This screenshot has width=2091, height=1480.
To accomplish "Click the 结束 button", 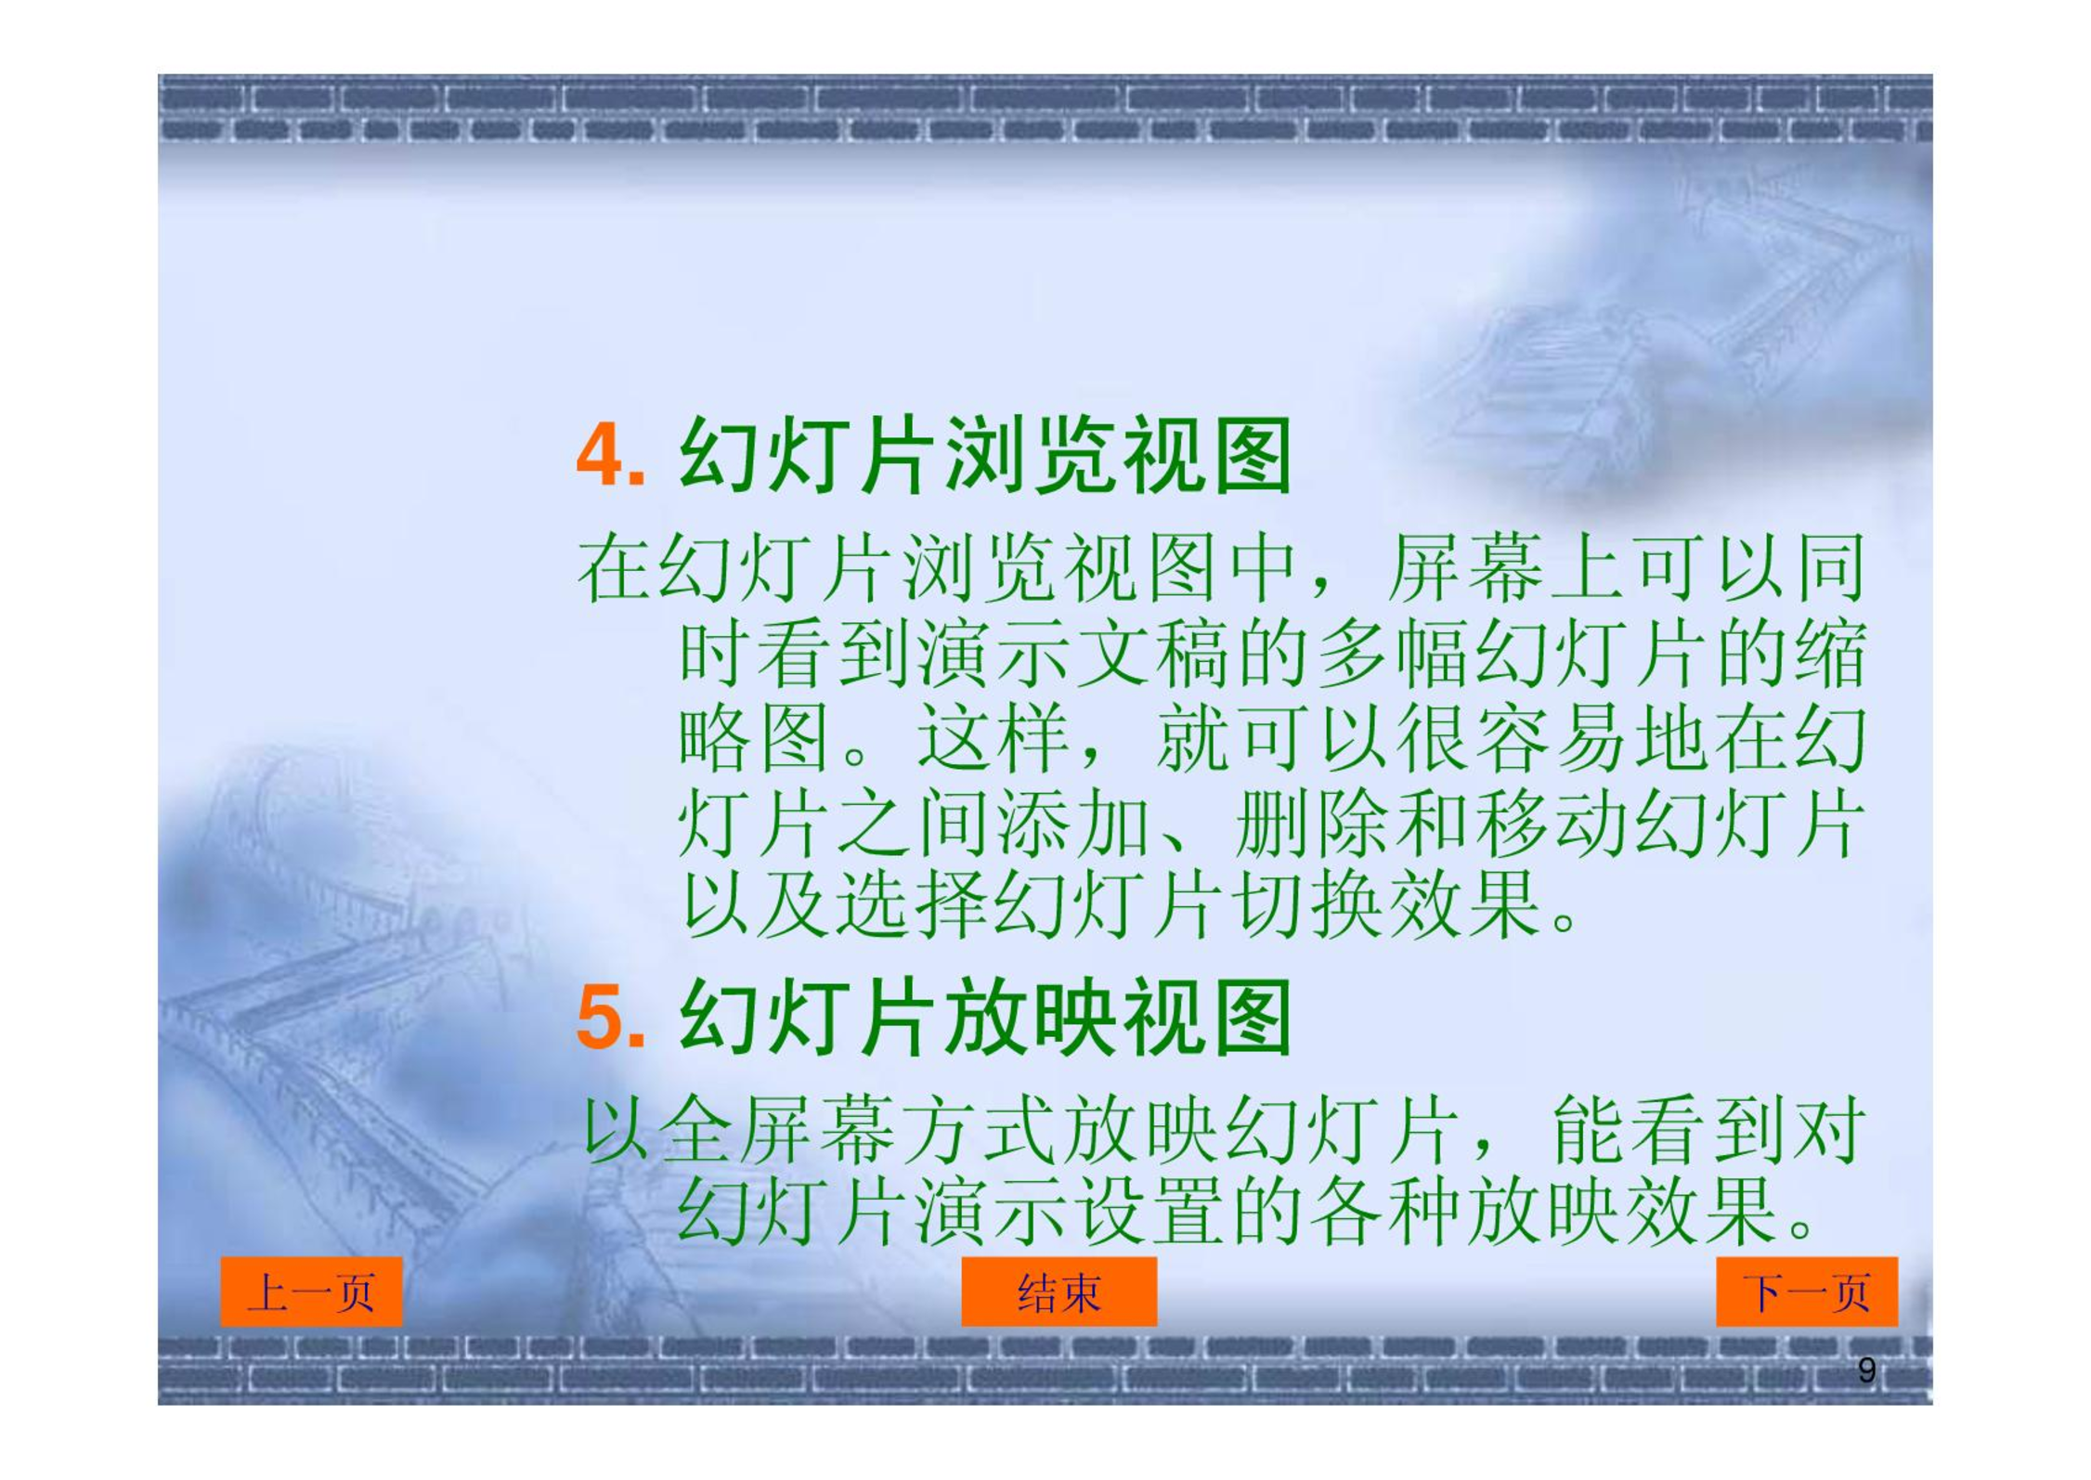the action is coord(1058,1292).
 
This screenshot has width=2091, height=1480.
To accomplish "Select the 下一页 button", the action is coord(1806,1292).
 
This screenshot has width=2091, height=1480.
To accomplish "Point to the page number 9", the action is coord(1867,1370).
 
